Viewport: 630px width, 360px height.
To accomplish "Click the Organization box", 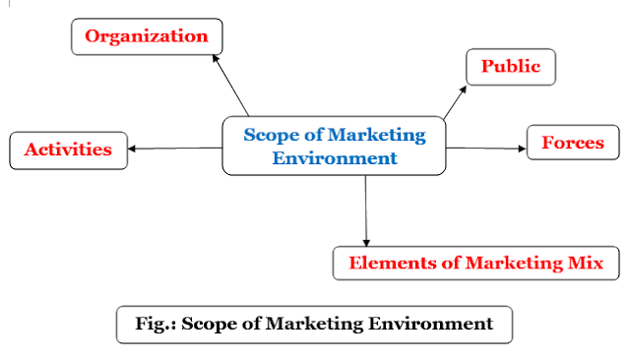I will click(x=147, y=37).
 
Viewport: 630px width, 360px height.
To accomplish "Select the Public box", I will click(x=510, y=67).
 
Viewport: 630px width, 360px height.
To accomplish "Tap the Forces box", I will click(x=572, y=144).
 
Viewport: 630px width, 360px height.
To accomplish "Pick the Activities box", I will click(x=67, y=150).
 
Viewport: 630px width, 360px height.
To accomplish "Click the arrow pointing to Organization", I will click(x=231, y=86).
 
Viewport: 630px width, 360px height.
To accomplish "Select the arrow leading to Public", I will click(x=458, y=100).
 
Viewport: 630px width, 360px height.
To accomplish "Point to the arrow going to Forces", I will click(x=487, y=150).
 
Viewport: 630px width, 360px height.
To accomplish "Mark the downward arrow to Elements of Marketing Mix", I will click(x=366, y=211).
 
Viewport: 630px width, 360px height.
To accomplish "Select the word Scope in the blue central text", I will click(x=266, y=135).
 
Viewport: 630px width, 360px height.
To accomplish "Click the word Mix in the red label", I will click(x=598, y=263).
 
